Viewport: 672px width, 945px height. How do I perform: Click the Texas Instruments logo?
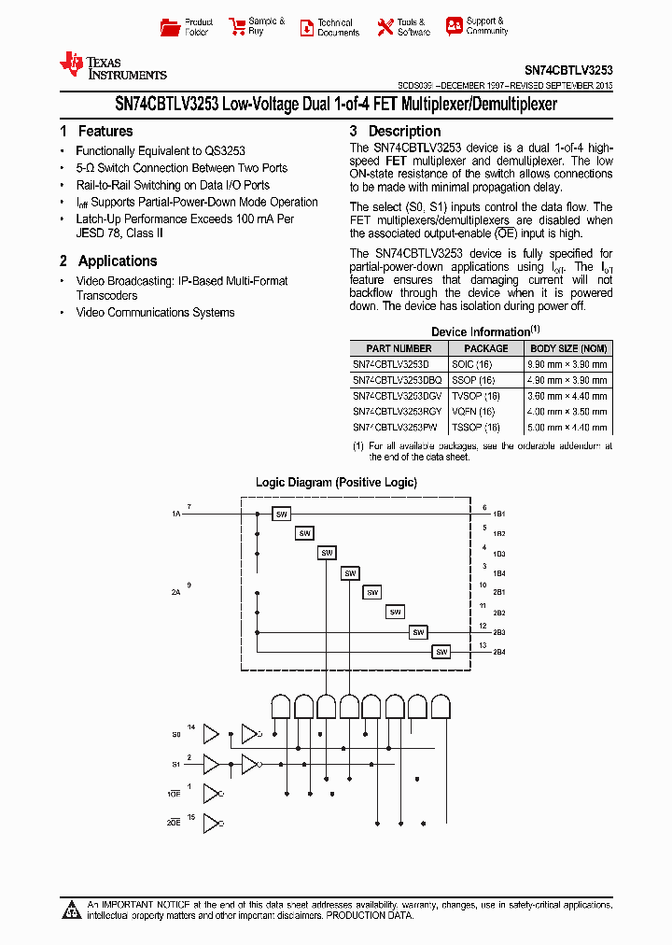pyautogui.click(x=112, y=66)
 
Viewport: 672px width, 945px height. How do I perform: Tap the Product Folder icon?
pyautogui.click(x=170, y=27)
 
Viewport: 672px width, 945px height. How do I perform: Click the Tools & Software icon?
pyautogui.click(x=385, y=27)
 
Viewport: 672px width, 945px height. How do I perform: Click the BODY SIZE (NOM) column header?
pyautogui.click(x=568, y=348)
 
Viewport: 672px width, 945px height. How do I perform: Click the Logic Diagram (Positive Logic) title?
pyautogui.click(x=336, y=483)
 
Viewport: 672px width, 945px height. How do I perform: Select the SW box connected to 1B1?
pyautogui.click(x=281, y=514)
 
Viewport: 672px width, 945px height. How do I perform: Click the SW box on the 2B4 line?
pyautogui.click(x=441, y=652)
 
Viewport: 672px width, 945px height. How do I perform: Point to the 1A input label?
pyautogui.click(x=175, y=515)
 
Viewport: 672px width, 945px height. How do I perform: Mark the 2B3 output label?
pyautogui.click(x=499, y=633)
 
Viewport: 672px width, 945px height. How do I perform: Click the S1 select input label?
pyautogui.click(x=175, y=764)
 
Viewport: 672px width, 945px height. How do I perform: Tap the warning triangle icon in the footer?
pyautogui.click(x=72, y=909)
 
